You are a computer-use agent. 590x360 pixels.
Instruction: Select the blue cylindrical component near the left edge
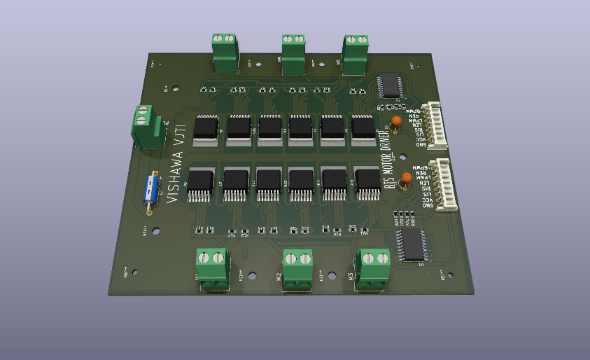click(x=150, y=191)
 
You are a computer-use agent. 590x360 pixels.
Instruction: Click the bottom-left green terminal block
click(x=213, y=268)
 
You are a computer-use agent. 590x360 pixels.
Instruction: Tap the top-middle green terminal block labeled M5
click(x=294, y=53)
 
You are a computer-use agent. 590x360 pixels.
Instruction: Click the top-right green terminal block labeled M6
click(x=356, y=53)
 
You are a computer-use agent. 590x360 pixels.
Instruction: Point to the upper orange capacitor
click(x=397, y=121)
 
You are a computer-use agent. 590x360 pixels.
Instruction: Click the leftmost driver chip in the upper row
click(x=206, y=128)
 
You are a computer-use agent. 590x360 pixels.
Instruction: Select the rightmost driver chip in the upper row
click(x=363, y=127)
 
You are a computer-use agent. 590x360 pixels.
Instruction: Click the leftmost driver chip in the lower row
click(x=201, y=181)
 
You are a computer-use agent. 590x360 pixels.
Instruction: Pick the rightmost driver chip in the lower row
click(x=367, y=181)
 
